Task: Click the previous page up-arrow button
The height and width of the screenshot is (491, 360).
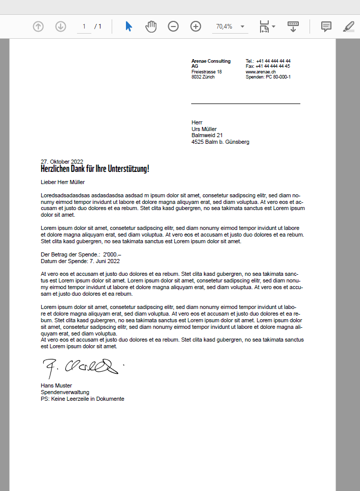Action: pyautogui.click(x=38, y=27)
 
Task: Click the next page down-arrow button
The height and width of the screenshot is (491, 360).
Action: pyautogui.click(x=61, y=27)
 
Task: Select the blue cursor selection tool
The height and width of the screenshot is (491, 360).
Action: pyautogui.click(x=128, y=27)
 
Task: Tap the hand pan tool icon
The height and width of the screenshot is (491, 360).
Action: pyautogui.click(x=151, y=27)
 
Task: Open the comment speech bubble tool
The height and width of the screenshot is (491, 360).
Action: pyautogui.click(x=326, y=27)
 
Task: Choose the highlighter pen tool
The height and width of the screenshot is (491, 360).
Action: pyautogui.click(x=349, y=27)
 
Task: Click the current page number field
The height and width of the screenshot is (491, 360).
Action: pyautogui.click(x=84, y=27)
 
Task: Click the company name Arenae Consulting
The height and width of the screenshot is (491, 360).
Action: pyautogui.click(x=211, y=61)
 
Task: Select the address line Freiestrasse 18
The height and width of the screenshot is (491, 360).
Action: pyautogui.click(x=207, y=72)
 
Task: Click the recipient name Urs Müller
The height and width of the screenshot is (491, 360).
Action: pyautogui.click(x=204, y=129)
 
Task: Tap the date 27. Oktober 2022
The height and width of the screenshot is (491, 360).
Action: pyautogui.click(x=62, y=162)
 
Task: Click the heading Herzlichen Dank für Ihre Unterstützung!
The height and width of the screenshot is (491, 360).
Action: pyautogui.click(x=95, y=168)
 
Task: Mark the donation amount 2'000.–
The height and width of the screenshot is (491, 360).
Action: pyautogui.click(x=112, y=254)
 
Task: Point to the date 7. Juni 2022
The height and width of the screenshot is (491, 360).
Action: pyautogui.click(x=105, y=261)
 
